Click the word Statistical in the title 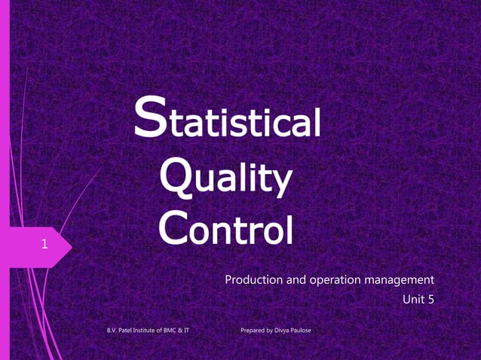point(228,122)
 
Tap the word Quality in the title point(225,179)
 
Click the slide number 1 point(44,244)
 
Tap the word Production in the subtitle point(252,281)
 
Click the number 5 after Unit point(430,299)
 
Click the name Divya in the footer point(281,331)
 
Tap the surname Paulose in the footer point(302,331)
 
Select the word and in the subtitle point(293,281)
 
